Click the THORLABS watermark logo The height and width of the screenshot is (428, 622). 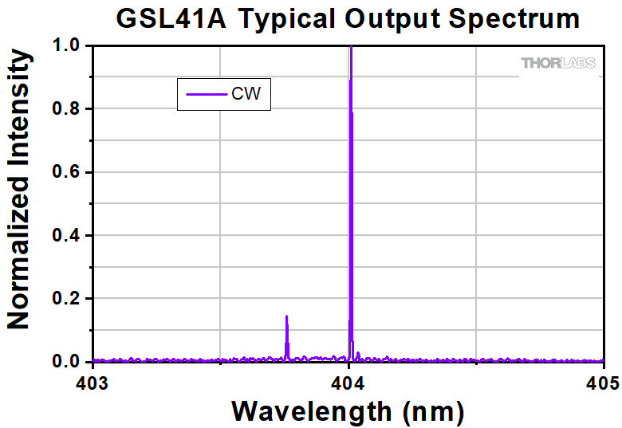(558, 63)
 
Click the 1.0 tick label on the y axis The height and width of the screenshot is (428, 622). (68, 46)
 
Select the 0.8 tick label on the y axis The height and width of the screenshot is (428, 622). (68, 109)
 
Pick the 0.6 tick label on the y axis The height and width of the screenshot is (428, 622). (68, 172)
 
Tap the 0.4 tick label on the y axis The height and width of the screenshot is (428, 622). (68, 235)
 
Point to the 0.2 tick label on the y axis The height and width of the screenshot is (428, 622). (68, 299)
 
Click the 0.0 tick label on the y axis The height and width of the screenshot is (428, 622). (68, 362)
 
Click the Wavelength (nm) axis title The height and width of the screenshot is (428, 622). (347, 411)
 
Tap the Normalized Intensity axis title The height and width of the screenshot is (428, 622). (19, 189)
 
